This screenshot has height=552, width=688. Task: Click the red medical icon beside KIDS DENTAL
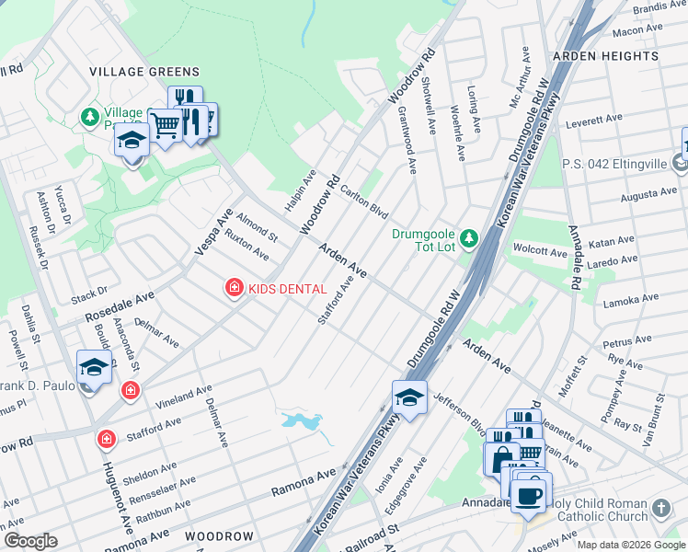click(x=235, y=289)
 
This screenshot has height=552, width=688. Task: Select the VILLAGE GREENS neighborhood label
click(x=143, y=72)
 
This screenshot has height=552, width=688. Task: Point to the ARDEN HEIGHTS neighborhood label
click(x=605, y=57)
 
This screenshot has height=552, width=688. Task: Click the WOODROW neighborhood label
click(x=219, y=535)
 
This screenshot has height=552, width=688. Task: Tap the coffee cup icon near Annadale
click(x=528, y=497)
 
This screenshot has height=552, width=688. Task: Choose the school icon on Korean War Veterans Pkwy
click(x=409, y=397)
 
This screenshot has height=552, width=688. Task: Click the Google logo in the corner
click(x=30, y=541)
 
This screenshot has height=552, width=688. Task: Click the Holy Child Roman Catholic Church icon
click(x=660, y=508)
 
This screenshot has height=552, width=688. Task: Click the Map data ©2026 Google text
click(x=631, y=544)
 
